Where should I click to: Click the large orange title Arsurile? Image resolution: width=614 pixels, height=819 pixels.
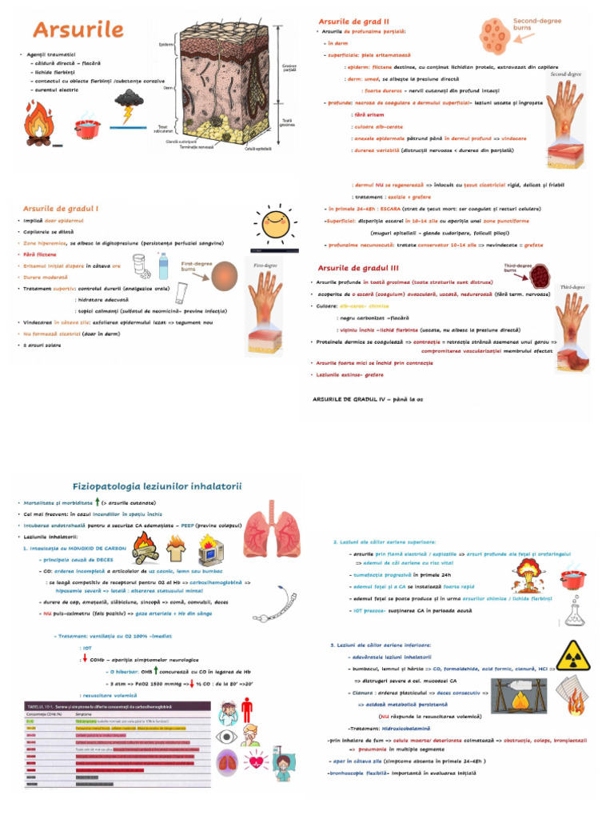[x=78, y=30]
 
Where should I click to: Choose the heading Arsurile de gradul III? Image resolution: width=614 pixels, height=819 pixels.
[x=358, y=267]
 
